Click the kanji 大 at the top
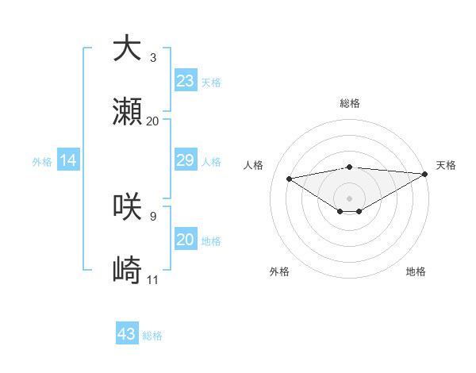pos(127,48)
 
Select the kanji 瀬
pos(127,113)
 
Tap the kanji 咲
pos(127,207)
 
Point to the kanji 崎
pos(127,271)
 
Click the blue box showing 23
pos(186,81)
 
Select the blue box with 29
pos(186,161)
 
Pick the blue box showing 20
pos(186,240)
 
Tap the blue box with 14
pos(68,161)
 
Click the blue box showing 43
pos(127,334)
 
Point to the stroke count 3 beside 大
pos(153,58)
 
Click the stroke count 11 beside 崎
pos(153,280)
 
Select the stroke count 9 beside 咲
pos(153,216)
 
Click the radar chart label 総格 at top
pos(349,103)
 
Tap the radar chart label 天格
pos(446,165)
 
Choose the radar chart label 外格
pos(279,272)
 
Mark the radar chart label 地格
pos(416,272)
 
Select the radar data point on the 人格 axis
pos(290,178)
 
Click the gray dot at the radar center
pos(349,198)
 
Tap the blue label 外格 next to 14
pos(42,162)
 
